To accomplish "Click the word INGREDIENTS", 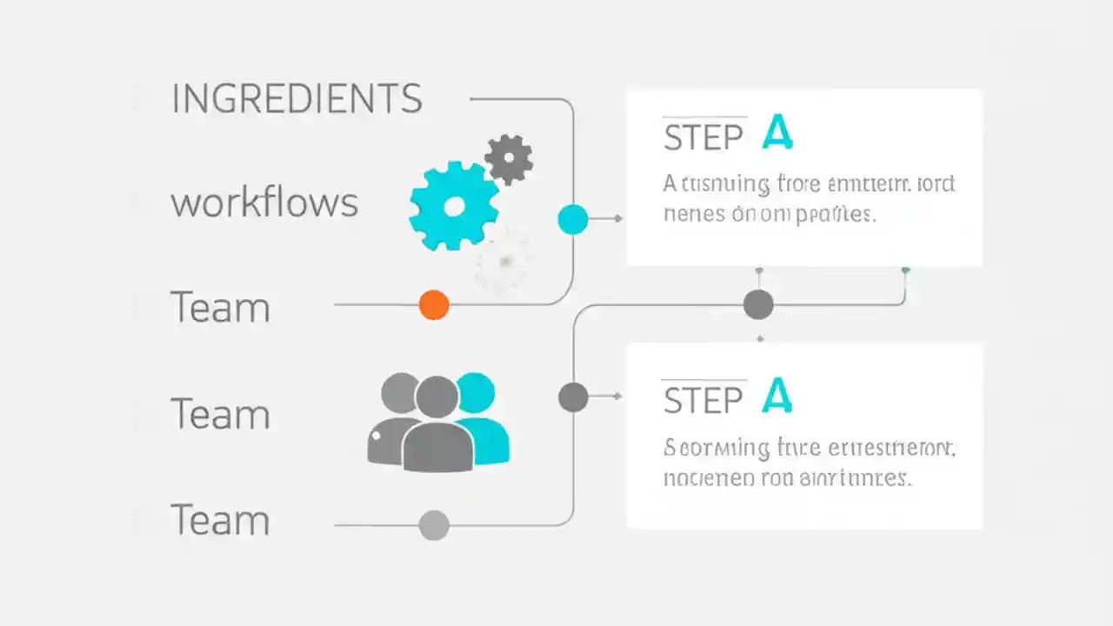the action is (297, 99).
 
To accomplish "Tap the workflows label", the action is (264, 203).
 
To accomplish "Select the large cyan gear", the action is (453, 206).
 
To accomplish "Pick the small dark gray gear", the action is (509, 158).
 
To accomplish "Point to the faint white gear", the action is (503, 259).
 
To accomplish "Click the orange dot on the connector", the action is (434, 305).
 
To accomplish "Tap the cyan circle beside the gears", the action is (572, 219).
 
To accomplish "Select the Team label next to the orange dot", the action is (220, 308).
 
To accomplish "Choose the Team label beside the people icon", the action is (220, 414).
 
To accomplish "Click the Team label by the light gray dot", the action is (220, 520).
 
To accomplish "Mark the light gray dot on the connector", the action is (434, 525).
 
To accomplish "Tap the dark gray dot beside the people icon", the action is (572, 396).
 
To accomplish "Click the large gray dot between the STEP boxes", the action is (758, 305).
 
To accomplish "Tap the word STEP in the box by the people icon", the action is (703, 400).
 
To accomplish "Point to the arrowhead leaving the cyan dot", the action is (618, 219).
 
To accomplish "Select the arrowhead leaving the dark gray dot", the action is (618, 396).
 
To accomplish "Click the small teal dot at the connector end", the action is (905, 270).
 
